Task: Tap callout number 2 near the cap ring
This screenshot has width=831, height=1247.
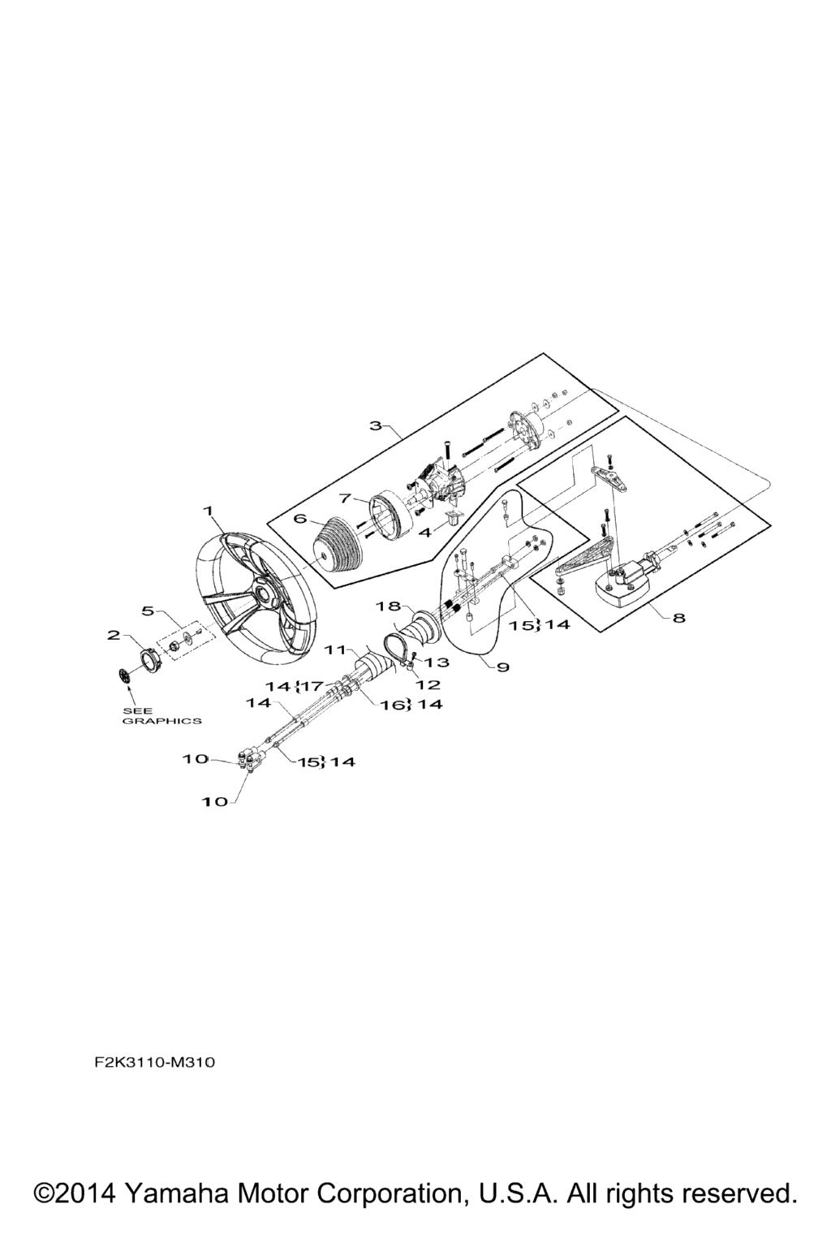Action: coord(114,635)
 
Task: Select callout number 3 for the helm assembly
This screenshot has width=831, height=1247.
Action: coord(377,425)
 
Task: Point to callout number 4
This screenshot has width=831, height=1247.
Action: coord(425,533)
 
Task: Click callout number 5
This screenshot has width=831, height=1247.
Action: coord(148,611)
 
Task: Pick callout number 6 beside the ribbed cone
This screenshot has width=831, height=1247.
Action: coord(300,519)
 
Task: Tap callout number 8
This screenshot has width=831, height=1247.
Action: coord(679,617)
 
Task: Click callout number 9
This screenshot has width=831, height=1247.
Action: coord(502,667)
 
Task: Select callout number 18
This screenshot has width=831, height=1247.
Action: coord(390,606)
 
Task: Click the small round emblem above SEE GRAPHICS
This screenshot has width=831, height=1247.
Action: coord(125,675)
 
